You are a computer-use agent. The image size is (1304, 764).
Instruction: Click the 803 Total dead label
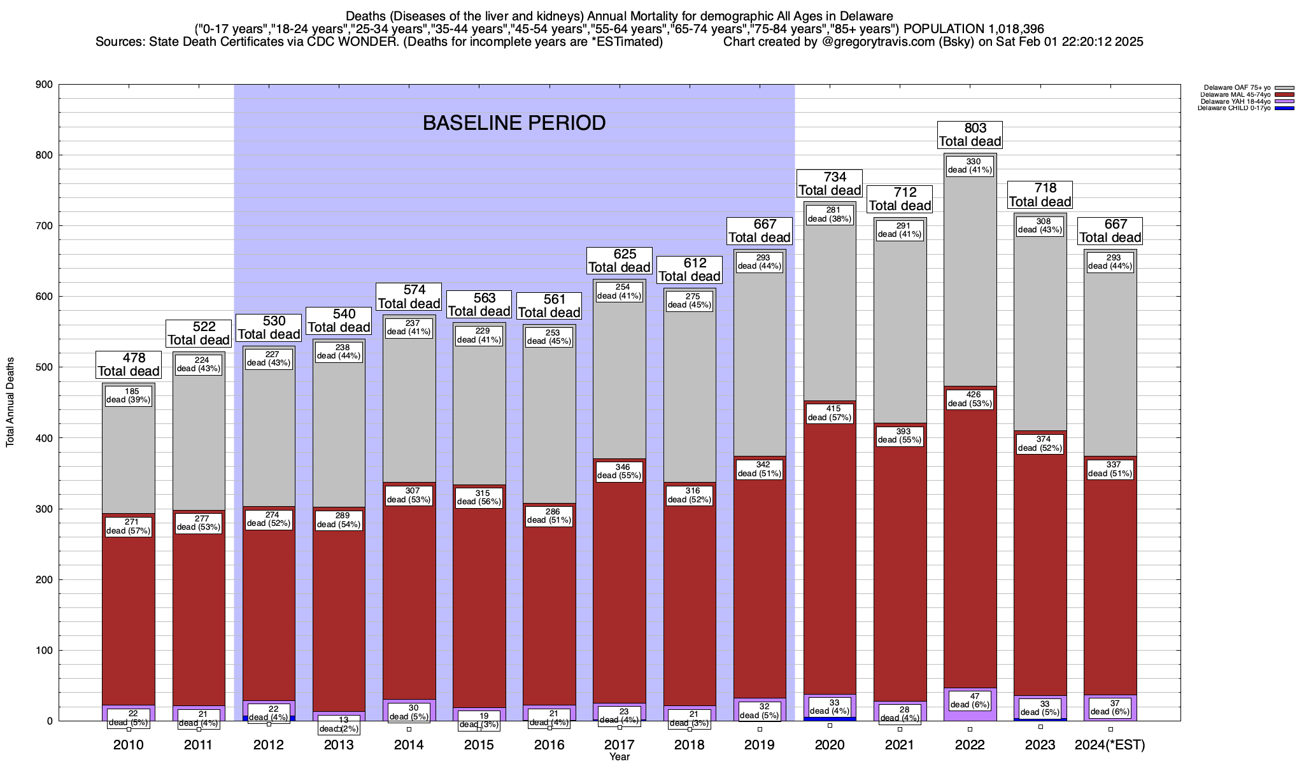click(970, 134)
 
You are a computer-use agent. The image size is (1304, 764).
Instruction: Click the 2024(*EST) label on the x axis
click(1110, 745)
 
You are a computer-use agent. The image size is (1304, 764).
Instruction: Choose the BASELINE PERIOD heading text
click(514, 124)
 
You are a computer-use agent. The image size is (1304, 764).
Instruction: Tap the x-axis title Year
click(619, 757)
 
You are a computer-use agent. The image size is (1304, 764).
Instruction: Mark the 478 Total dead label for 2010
click(129, 365)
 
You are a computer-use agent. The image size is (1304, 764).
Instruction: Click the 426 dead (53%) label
click(970, 399)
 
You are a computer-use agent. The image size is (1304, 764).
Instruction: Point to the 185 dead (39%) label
click(129, 395)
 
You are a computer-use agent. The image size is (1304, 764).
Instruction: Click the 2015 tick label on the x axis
click(479, 745)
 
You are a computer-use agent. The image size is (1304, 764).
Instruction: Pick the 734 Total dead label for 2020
click(830, 183)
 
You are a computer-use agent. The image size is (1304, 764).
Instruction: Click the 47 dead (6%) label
click(970, 700)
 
